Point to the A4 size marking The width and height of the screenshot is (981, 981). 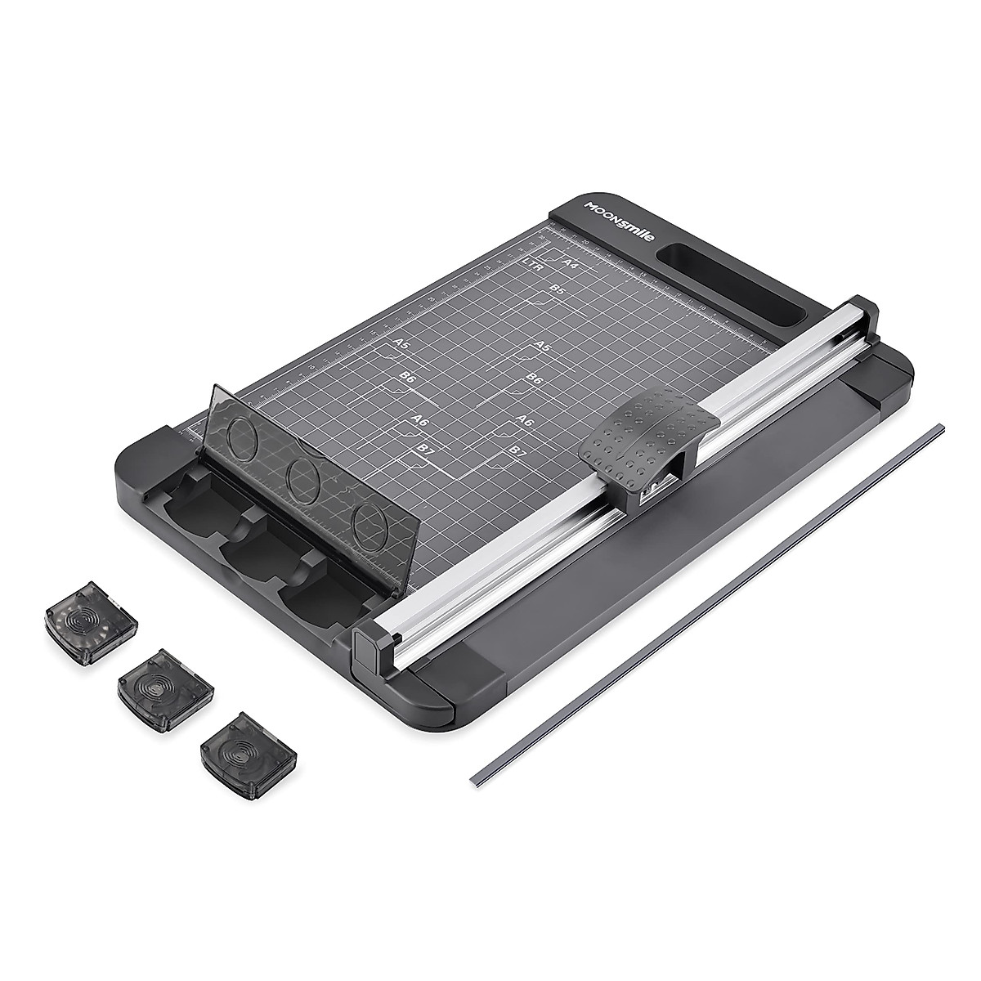click(x=571, y=263)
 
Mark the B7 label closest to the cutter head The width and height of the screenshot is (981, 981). click(x=515, y=451)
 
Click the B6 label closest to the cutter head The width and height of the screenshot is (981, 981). click(x=534, y=378)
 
